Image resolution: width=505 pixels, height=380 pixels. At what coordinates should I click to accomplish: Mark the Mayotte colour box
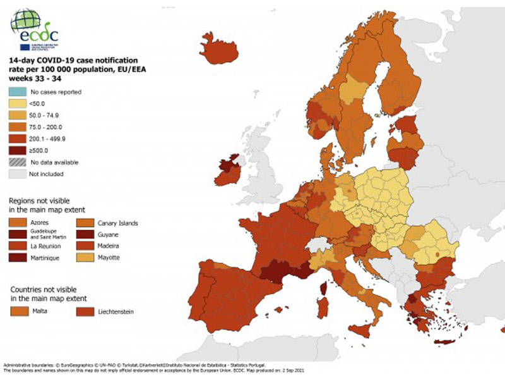click(84, 258)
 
